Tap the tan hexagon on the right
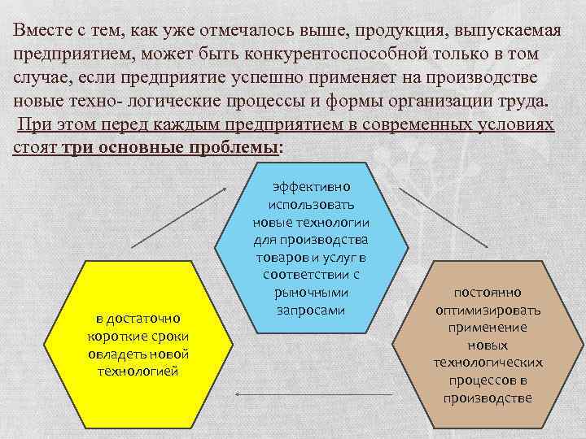488,341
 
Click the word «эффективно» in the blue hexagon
310,186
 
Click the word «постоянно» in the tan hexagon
488,292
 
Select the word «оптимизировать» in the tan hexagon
488,310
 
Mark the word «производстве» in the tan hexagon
488,398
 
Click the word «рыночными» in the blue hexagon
310,293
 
